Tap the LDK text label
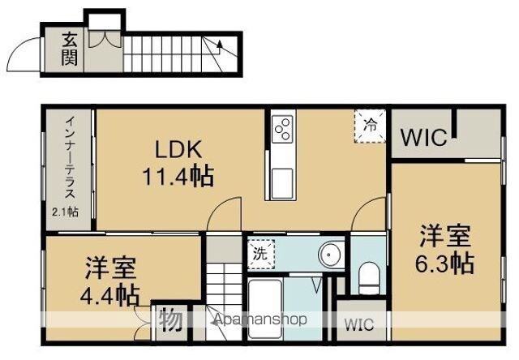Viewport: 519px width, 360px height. [x=178, y=149]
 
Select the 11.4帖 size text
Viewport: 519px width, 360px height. [x=178, y=176]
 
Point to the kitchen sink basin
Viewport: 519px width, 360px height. [x=282, y=183]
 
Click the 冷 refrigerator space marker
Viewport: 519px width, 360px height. [x=370, y=126]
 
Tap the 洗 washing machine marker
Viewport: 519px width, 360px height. [x=261, y=254]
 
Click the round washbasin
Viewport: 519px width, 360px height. [x=328, y=255]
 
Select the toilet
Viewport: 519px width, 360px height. [x=369, y=278]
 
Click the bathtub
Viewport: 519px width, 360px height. [x=265, y=309]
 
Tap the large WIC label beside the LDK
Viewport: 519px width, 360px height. [x=423, y=137]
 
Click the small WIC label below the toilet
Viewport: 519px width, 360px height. [x=359, y=324]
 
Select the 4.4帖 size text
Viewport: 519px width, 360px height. [x=109, y=294]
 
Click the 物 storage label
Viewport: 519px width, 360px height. [x=171, y=319]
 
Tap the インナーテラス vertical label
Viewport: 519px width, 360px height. [x=70, y=158]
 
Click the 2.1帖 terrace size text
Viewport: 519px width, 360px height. [x=65, y=212]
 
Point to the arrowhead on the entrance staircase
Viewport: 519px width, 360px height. [x=219, y=44]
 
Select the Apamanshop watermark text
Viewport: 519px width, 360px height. [x=260, y=319]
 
